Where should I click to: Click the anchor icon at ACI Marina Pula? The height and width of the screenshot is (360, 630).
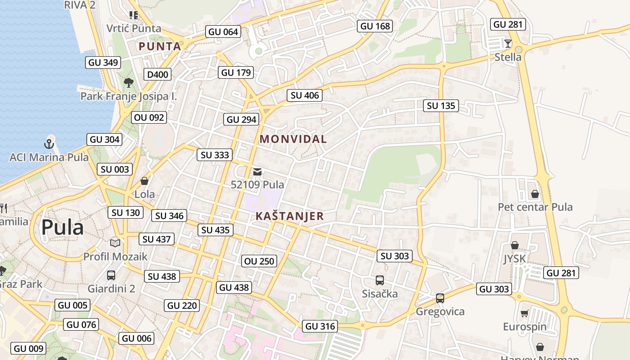49,144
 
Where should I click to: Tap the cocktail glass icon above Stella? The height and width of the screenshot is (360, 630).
508,44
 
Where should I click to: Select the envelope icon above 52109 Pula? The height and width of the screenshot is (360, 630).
257,171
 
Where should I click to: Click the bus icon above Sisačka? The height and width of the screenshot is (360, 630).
380,280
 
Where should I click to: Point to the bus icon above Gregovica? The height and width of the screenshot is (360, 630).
440,298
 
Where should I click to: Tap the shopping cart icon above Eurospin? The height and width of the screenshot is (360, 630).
524,313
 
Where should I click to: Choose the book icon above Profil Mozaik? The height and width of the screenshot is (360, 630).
115,243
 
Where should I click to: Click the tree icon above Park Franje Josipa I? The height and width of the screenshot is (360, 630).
128,82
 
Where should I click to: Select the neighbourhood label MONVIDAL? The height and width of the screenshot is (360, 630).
293,139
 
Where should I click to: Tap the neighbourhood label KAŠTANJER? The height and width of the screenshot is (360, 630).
290,216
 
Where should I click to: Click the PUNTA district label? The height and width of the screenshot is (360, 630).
160,46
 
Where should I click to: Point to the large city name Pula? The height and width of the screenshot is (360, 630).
63,228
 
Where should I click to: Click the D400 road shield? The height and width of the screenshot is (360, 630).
157,74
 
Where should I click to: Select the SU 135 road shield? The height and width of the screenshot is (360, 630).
441,106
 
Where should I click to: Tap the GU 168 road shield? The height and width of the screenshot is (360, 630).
375,26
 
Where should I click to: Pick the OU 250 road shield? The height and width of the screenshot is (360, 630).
259,261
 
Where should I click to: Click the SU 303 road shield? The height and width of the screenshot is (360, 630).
395,256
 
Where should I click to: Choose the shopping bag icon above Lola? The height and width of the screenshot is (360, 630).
144,181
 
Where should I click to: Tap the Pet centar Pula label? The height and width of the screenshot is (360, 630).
535,207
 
